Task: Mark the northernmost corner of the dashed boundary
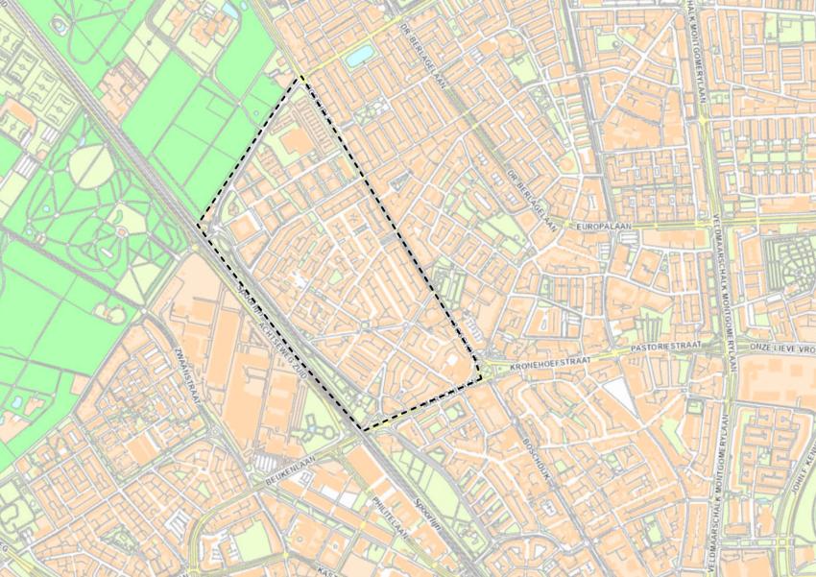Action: [301, 79]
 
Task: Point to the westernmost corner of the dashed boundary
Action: [199, 227]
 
